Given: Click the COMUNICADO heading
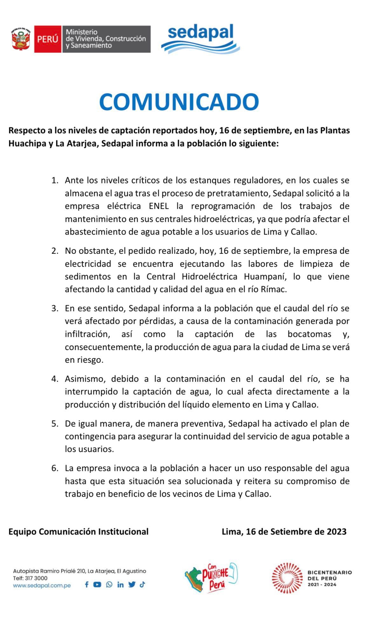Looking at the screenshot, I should (x=179, y=102).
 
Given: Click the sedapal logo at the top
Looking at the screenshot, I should (x=200, y=38).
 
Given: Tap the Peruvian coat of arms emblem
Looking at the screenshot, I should (x=21, y=39).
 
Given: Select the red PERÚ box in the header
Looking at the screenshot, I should (x=48, y=39).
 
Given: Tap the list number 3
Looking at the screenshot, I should (x=55, y=308).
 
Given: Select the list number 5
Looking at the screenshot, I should (x=55, y=424).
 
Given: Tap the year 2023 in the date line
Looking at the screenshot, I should (x=336, y=532).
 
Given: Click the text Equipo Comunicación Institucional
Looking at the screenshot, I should (x=79, y=532).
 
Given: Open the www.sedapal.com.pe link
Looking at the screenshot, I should (x=42, y=586).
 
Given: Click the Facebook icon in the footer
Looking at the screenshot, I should (x=86, y=585).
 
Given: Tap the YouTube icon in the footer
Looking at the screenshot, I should (x=97, y=585).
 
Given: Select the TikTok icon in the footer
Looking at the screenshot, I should (x=142, y=585).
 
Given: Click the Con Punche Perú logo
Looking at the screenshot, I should (x=211, y=578).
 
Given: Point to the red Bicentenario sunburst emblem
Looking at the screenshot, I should (x=287, y=578).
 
